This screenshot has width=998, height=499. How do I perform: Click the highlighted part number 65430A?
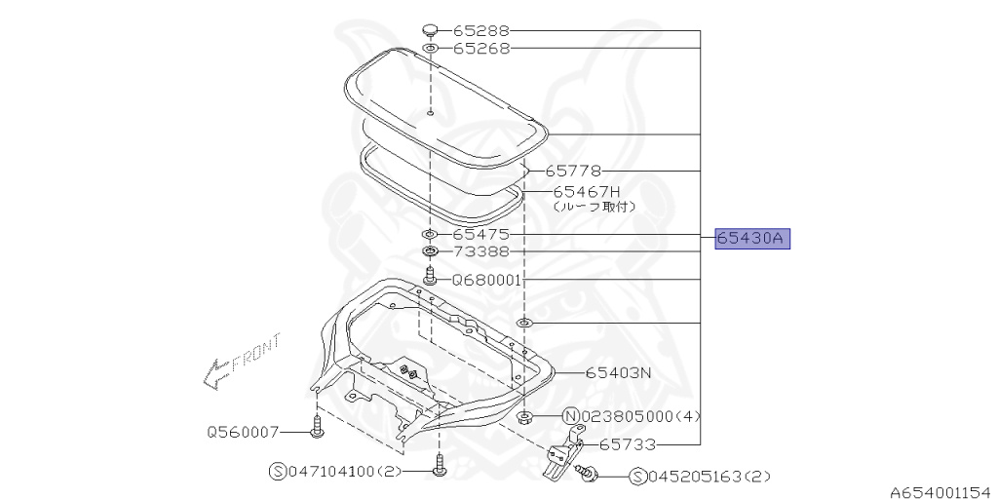tap(751, 239)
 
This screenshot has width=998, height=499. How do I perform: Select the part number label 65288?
tap(481, 30)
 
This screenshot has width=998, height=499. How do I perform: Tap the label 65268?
tap(481, 49)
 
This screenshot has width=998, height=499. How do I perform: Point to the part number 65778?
tap(573, 171)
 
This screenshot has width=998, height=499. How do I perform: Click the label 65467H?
tap(586, 192)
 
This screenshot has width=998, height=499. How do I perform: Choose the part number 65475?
tap(481, 235)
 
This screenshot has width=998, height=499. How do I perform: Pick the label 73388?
tap(481, 252)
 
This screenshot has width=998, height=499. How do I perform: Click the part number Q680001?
tap(487, 280)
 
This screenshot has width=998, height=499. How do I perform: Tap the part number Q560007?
tap(243, 432)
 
